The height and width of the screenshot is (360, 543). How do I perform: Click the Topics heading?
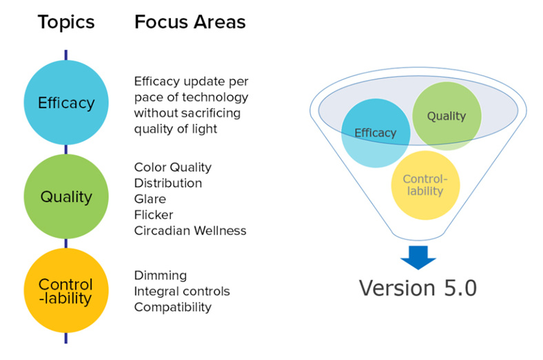coord(65,23)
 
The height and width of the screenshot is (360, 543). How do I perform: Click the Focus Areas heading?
coord(189,22)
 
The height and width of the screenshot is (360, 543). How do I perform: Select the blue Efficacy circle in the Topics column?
coord(65,103)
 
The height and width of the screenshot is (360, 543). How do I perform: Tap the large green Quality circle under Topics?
coord(65,197)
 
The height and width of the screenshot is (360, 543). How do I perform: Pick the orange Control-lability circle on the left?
coord(65,290)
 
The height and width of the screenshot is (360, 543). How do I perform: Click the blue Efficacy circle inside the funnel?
coord(376,133)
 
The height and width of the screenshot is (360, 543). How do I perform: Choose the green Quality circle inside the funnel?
coord(447,116)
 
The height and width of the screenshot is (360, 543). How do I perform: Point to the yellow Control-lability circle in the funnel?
coord(425,185)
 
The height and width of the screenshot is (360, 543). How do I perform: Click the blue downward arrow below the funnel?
coord(418,257)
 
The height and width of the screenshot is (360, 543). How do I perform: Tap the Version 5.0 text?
coord(418,288)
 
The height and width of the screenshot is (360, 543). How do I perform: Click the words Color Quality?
coord(172,168)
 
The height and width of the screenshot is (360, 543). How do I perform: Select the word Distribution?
coord(168,183)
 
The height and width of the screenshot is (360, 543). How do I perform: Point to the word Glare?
coord(150,199)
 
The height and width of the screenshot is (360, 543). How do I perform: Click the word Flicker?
coord(154,214)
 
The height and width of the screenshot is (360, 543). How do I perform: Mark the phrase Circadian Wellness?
coord(190,231)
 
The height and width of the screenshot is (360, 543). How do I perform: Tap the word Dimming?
coord(161,276)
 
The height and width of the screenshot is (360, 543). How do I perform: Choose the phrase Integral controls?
coord(182,292)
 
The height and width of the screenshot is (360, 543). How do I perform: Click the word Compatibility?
coord(173,308)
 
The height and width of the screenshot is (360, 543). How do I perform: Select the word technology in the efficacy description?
coord(218,98)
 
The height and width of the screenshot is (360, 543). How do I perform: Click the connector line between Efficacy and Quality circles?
coord(65,150)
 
